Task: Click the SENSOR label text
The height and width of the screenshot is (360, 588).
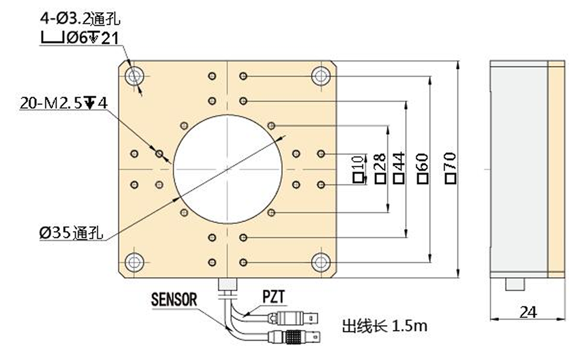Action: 174,300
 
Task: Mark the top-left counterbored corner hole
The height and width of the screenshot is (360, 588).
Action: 134,75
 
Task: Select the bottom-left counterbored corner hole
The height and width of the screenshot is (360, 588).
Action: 134,262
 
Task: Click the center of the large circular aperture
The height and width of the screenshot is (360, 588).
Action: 227,169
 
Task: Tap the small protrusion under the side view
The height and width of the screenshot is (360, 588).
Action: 515,284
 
